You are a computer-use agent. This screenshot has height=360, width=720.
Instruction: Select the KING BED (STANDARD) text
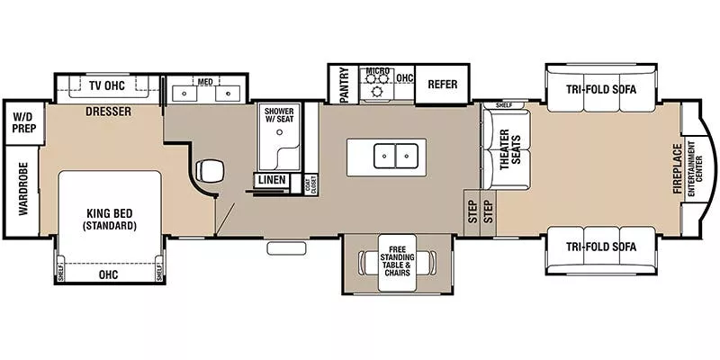111,219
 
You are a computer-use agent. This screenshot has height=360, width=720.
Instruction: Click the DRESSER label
109,112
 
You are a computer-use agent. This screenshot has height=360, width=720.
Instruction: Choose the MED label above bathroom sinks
206,82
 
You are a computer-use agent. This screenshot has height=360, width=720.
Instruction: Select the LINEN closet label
273,180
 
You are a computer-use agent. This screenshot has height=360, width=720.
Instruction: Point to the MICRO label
378,71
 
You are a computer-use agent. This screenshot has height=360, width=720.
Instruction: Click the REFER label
442,85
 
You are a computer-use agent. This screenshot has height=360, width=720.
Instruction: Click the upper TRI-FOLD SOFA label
601,88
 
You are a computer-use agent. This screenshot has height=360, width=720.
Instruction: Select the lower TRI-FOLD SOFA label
601,247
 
